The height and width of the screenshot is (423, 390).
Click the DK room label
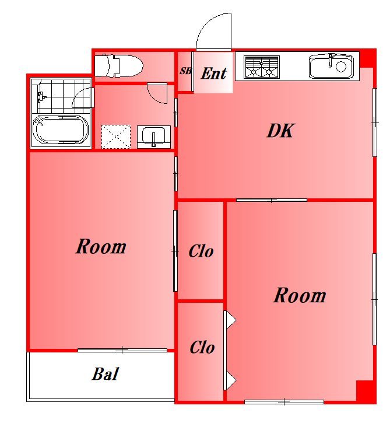pos(281,131)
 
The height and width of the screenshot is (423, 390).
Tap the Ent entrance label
pos(214,74)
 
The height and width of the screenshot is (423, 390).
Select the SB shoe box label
pos(186,71)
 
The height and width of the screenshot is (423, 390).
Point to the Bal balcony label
pos(106,374)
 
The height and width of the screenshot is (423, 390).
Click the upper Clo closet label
pos(201,251)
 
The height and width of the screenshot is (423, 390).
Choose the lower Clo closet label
pos(202,347)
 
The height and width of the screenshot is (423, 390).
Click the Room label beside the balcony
pos(101,247)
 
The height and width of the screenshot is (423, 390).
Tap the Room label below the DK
pos(300,295)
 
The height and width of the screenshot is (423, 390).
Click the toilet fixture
pos(119,66)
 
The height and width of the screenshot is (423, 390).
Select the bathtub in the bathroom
pos(61,130)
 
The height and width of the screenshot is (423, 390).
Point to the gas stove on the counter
pos(261,67)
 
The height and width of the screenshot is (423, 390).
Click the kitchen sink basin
pos(331,67)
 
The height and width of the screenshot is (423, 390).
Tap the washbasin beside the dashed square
pos(154,137)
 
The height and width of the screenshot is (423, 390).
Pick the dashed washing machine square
pos(116,137)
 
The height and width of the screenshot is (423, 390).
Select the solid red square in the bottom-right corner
pos(366,391)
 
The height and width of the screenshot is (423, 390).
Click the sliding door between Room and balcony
pos(122,350)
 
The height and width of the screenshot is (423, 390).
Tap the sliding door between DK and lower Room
pos(272,200)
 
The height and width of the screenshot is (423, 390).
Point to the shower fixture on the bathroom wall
pos(40,96)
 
